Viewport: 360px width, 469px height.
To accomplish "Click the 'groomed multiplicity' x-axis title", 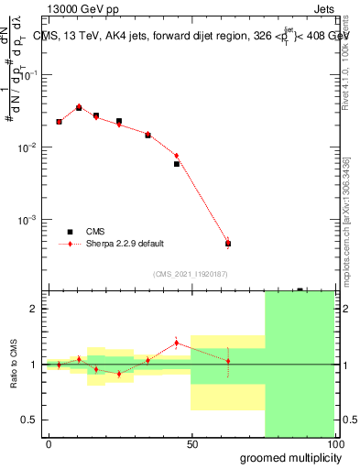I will click(287, 457).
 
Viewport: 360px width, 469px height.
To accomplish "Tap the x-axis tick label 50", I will click(192, 444).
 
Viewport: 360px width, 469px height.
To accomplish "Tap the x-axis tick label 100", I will click(335, 444).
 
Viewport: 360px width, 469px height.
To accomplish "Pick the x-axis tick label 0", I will click(49, 444).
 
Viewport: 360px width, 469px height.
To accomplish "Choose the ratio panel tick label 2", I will click(35, 309).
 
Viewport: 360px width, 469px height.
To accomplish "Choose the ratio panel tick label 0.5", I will click(31, 420).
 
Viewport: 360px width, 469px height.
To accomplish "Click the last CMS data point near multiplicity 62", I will click(228, 244).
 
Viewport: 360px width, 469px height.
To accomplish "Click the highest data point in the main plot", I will click(79, 107).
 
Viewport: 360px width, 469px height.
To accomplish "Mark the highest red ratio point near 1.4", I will click(177, 343).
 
